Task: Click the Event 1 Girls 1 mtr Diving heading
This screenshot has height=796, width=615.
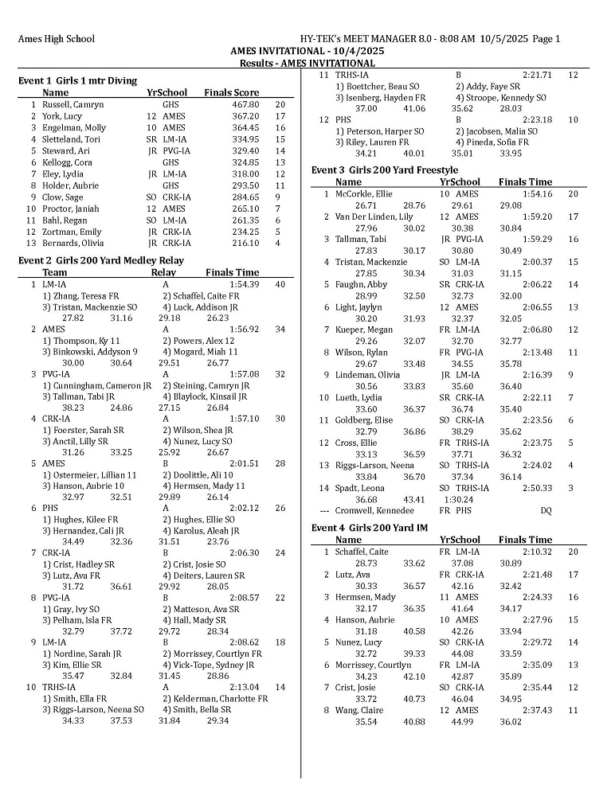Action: pos(77,80)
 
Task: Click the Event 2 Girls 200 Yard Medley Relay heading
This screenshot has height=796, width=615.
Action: pos(100,260)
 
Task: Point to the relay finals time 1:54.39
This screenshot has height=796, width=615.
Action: pos(243,284)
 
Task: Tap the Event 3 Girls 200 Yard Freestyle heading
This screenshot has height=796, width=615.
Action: pos(384,170)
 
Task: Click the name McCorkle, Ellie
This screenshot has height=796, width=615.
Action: pos(362,193)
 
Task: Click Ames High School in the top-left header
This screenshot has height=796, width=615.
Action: pos(56,38)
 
